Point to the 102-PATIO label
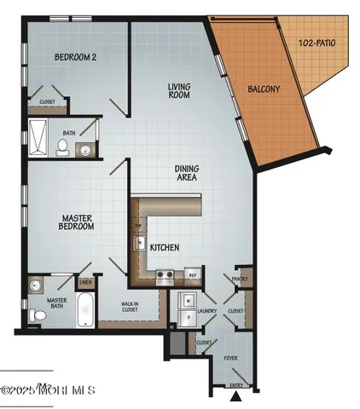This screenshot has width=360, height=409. pos(319,42)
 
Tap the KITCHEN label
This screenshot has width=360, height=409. pos(164,247)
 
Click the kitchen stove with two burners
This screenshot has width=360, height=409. pos(165,275)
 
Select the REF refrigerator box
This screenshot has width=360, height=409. pos(193,275)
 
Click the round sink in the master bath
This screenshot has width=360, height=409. pos(36,285)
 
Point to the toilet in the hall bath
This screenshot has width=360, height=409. pos(62,147)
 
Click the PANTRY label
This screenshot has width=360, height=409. pos(239,278)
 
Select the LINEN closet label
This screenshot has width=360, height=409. pos(84,282)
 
